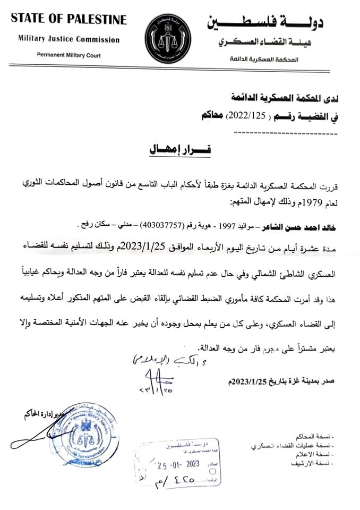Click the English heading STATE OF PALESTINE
69,20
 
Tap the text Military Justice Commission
69,39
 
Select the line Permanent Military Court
69,55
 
